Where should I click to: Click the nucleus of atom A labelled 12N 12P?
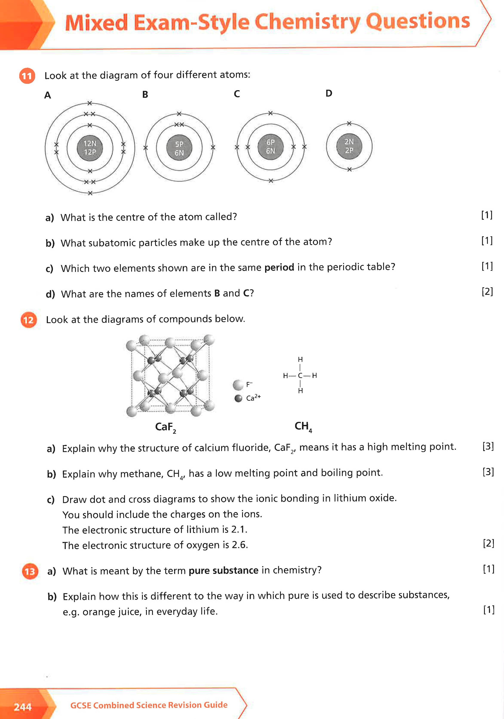(x=90, y=148)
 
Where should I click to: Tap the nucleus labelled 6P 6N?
(x=271, y=147)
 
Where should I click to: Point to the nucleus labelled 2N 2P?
(x=349, y=146)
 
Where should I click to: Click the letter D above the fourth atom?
(x=329, y=93)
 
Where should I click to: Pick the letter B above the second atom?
(x=145, y=94)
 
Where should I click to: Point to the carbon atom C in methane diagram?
(x=300, y=376)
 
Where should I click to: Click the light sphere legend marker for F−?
(x=238, y=385)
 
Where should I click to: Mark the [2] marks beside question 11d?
(x=487, y=292)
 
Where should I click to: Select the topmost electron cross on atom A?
(x=90, y=103)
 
